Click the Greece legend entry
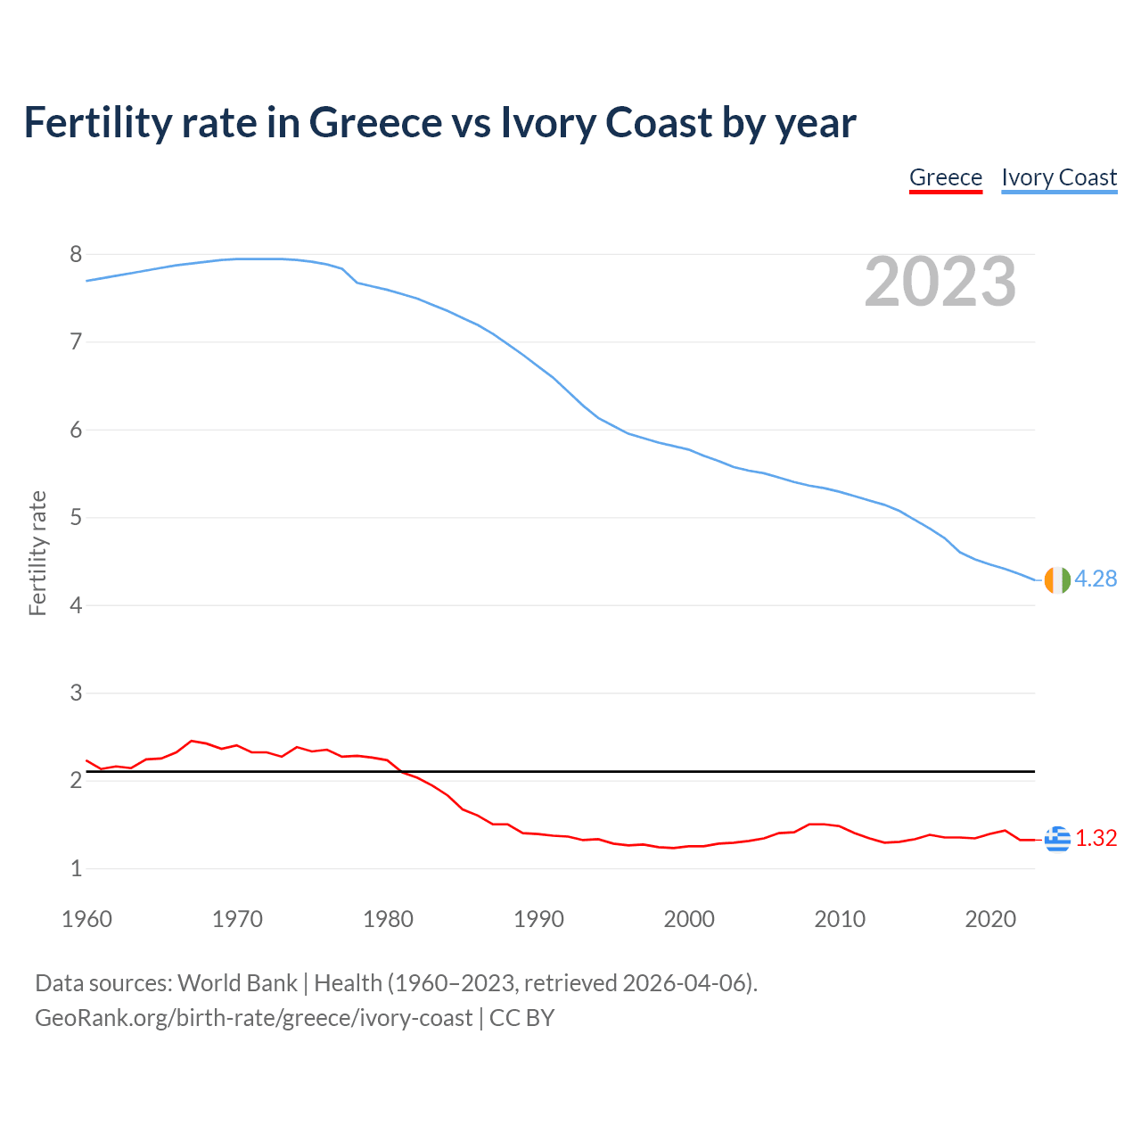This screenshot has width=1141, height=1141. [945, 178]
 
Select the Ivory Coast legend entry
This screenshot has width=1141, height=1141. [1059, 178]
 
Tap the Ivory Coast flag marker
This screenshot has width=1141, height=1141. [1056, 579]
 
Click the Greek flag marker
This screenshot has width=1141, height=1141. [1057, 839]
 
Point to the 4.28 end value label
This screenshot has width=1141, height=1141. [1096, 579]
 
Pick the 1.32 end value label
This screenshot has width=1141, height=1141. [1096, 839]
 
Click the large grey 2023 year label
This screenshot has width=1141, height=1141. [940, 282]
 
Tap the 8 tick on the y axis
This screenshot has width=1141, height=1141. [76, 255]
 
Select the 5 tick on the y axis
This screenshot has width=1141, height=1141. [76, 518]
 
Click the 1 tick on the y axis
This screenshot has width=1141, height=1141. [76, 869]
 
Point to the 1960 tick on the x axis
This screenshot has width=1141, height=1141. [86, 919]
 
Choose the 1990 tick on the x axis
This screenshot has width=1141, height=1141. [538, 919]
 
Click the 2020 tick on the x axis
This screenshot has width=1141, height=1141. [990, 919]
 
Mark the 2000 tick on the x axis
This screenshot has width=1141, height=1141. [689, 919]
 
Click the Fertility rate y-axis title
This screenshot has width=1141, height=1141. [37, 553]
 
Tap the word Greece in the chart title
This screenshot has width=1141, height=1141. [375, 123]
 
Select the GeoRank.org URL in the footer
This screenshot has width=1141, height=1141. [253, 1018]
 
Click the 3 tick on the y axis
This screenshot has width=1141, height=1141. [76, 694]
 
